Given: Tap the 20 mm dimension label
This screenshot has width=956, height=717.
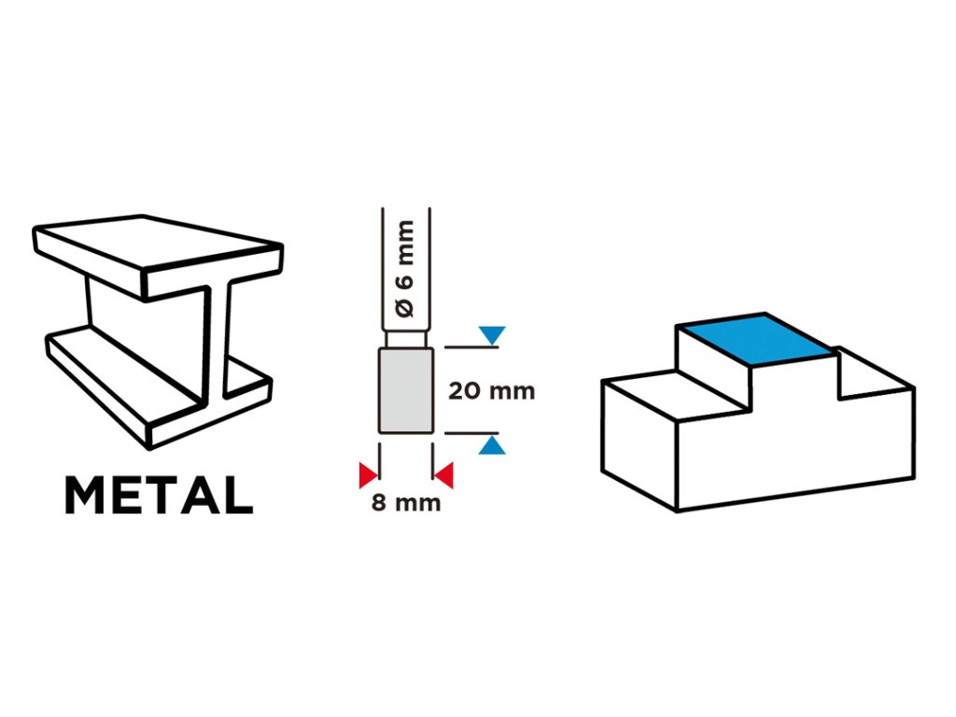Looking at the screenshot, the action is coord(491,390).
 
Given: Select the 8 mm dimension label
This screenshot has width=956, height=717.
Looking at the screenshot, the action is coord(406,503).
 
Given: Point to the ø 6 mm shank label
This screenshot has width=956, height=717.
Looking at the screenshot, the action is coord(406,271).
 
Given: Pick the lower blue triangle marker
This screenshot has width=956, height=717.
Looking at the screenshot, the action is coord(492,446).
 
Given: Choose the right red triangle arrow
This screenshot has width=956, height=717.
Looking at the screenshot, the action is coord(444,476).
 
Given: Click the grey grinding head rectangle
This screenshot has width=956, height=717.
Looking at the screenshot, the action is coord(406,390).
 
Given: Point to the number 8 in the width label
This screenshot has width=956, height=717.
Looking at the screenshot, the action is coord(379,503).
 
